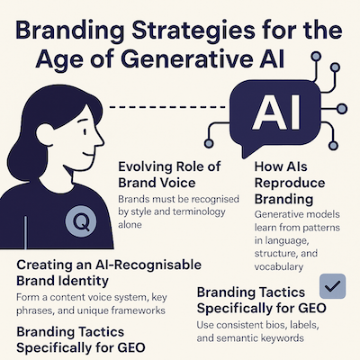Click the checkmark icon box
(x=332, y=286)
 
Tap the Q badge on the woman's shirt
(x=81, y=222)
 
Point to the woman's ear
(x=45, y=133)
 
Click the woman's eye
(x=85, y=131)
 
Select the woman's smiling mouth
(x=89, y=153)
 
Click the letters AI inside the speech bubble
(x=275, y=112)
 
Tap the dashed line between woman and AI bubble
(x=166, y=107)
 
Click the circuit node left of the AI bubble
(x=208, y=143)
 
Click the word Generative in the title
(x=187, y=59)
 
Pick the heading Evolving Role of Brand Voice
(x=170, y=175)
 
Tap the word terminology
(x=198, y=212)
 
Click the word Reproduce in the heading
(x=290, y=184)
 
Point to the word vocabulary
(x=279, y=266)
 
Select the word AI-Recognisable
(x=148, y=265)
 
